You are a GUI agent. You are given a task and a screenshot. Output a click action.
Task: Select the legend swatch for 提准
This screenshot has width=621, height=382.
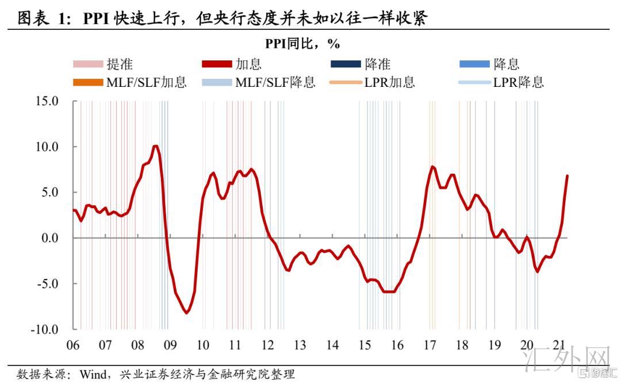coord(88,65)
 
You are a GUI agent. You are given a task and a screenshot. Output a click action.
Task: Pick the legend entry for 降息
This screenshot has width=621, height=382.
coord(507,65)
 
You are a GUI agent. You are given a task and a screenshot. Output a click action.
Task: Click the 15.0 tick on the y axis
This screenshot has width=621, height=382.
coord(47,101)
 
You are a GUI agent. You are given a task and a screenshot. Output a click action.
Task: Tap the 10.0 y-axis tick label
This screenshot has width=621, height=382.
coord(47,147)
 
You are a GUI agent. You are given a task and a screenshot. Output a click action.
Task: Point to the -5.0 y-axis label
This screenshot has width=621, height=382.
coord(47,284)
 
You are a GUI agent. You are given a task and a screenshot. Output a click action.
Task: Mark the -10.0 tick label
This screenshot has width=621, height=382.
coord(45,330)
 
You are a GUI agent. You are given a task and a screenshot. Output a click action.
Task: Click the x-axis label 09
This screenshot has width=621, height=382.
coord(170,345)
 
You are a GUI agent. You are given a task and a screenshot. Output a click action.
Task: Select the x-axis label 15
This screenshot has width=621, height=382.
coord(365,345)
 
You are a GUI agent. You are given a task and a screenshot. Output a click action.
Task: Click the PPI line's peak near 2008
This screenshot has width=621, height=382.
coord(155,146)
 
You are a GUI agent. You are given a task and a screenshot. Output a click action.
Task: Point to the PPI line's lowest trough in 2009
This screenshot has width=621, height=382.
coord(186,312)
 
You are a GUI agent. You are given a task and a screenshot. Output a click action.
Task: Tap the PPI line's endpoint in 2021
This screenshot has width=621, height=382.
coord(567,175)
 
